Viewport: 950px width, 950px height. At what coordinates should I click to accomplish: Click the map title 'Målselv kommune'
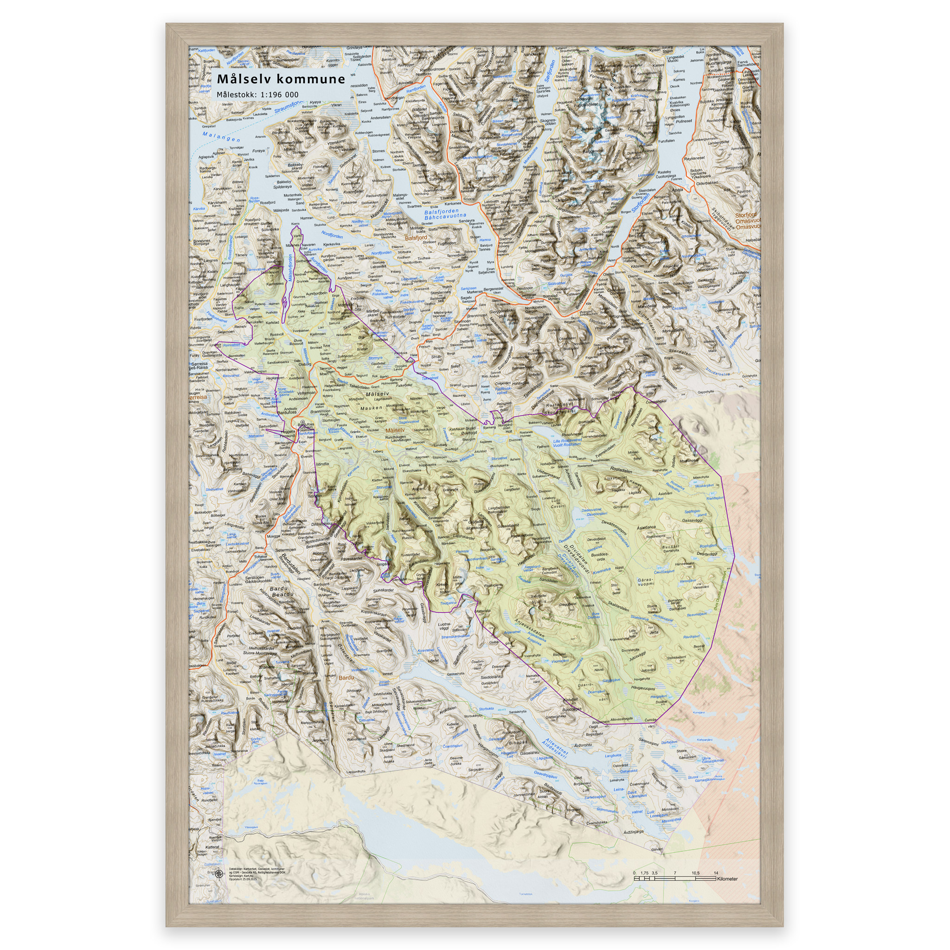click(x=281, y=79)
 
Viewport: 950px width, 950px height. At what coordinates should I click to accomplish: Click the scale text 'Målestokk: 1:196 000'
click(x=257, y=95)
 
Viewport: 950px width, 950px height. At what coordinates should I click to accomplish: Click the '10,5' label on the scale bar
click(x=695, y=873)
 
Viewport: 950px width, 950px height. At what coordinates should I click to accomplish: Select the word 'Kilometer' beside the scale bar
click(x=727, y=879)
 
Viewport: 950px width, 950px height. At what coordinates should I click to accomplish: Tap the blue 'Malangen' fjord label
click(x=221, y=137)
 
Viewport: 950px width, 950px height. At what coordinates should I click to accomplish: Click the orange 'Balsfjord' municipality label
click(x=416, y=237)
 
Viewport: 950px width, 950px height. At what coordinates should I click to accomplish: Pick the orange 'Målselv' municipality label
click(x=395, y=430)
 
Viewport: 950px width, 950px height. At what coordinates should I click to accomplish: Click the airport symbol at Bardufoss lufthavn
click(x=302, y=422)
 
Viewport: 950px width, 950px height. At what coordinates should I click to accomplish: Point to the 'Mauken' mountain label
click(x=371, y=408)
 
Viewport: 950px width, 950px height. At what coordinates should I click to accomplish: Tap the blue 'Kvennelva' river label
click(x=601, y=571)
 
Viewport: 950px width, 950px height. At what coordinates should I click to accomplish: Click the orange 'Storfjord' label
click(x=745, y=215)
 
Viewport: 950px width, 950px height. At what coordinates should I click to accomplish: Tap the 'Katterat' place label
click(x=212, y=847)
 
